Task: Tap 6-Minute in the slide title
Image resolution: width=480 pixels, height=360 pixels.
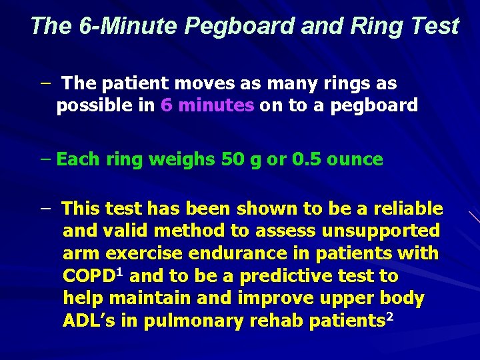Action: point(123,26)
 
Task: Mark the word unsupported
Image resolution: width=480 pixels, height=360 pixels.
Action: point(381,231)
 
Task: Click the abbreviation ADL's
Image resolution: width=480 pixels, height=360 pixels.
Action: point(89,321)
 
